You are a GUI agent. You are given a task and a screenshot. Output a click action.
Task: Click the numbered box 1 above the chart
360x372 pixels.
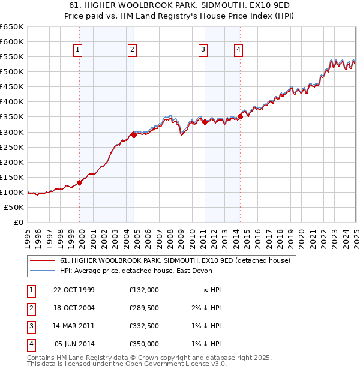pyautogui.click(x=79, y=50)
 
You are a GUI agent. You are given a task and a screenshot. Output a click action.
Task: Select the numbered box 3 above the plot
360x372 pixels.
pyautogui.click(x=203, y=50)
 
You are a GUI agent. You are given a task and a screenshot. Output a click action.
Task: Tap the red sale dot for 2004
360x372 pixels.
pyautogui.click(x=134, y=135)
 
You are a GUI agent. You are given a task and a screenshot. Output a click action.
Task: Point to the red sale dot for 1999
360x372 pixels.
pyautogui.click(x=79, y=182)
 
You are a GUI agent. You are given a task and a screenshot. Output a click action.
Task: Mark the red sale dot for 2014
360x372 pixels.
pyautogui.click(x=241, y=116)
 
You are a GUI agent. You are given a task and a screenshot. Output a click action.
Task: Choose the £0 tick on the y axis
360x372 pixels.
pyautogui.click(x=19, y=222)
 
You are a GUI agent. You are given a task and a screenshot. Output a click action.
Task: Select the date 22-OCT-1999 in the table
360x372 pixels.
pyautogui.click(x=74, y=290)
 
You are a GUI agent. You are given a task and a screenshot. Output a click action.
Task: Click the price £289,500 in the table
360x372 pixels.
pyautogui.click(x=143, y=308)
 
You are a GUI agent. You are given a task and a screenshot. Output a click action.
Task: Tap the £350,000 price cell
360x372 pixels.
pyautogui.click(x=143, y=344)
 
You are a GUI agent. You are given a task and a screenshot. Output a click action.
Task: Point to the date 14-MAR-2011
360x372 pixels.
pyautogui.click(x=74, y=326)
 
